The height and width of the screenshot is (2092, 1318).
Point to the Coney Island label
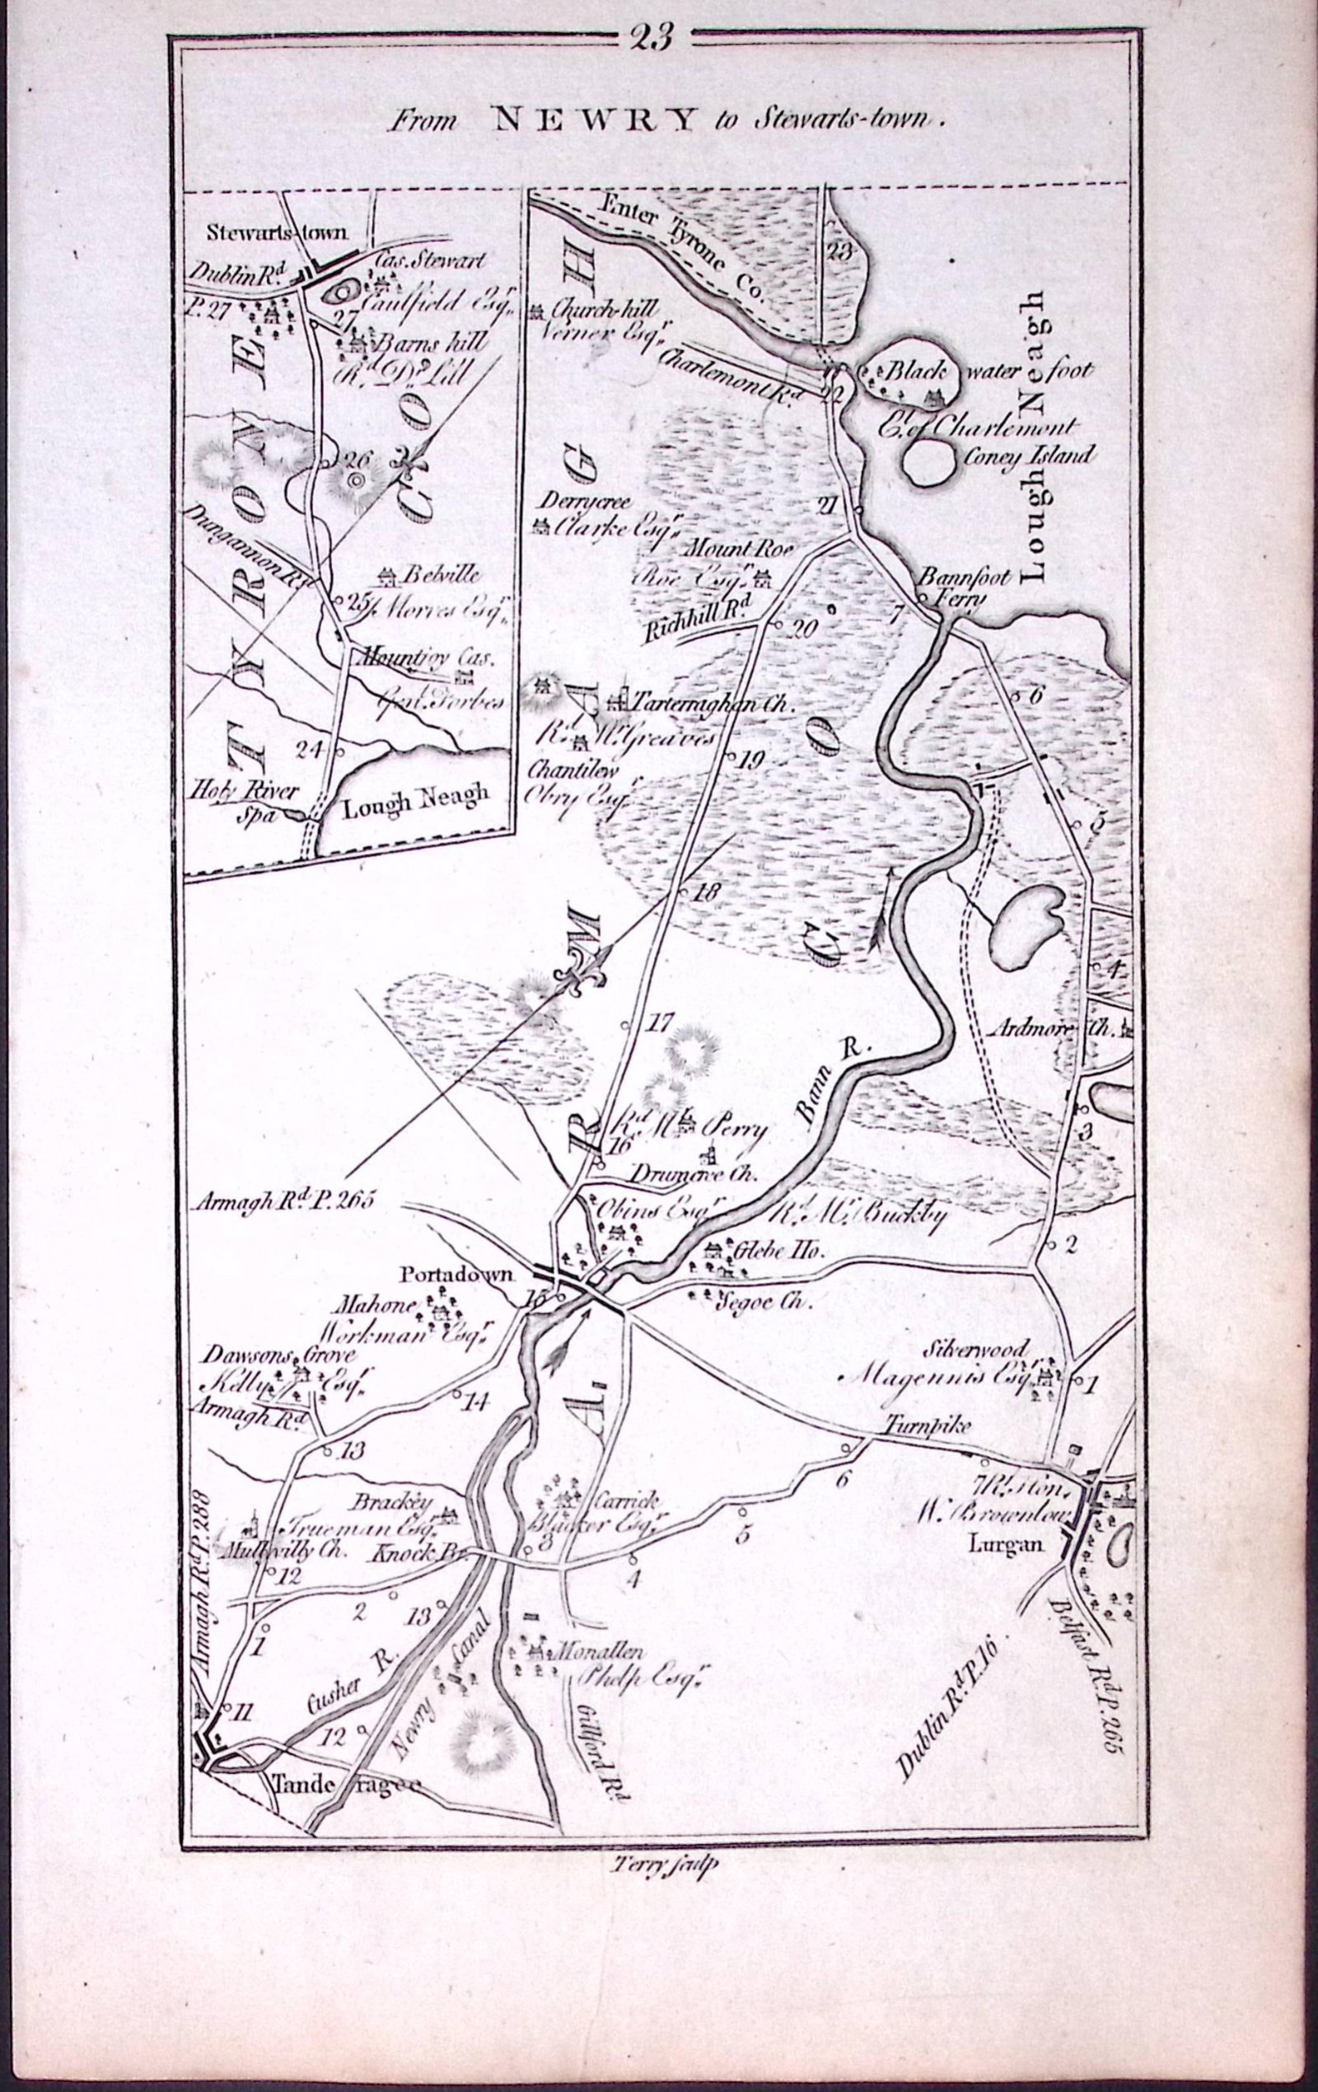coord(1032,456)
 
